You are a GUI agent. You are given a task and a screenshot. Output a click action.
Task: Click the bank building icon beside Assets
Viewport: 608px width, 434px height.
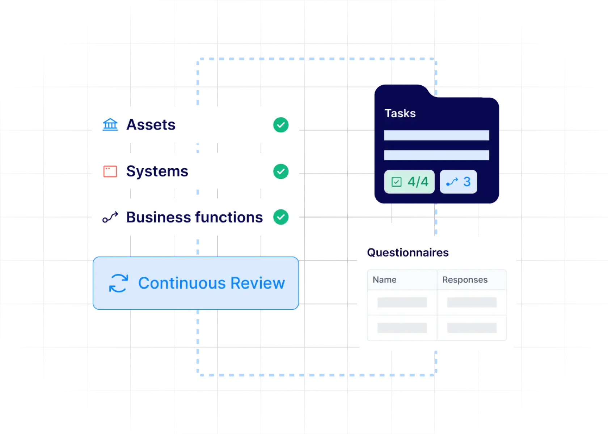click(110, 125)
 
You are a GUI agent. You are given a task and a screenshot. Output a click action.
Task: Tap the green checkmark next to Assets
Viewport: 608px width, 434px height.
click(281, 125)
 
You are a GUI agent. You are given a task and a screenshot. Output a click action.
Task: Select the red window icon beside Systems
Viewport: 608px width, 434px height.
click(110, 171)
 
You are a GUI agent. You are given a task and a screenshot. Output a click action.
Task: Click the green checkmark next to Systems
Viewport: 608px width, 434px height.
click(281, 171)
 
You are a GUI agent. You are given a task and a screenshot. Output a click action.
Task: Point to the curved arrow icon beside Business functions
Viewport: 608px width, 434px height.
click(110, 217)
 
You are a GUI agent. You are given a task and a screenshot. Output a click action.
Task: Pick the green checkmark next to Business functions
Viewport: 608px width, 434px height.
click(281, 217)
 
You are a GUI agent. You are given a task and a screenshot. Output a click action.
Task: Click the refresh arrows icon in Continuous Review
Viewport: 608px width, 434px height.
click(119, 283)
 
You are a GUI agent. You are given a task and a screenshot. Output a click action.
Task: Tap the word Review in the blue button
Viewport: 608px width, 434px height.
click(258, 283)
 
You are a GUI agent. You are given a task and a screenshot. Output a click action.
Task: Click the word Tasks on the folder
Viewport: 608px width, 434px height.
click(400, 114)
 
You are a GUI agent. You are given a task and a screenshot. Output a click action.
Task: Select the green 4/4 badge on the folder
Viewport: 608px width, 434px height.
click(409, 182)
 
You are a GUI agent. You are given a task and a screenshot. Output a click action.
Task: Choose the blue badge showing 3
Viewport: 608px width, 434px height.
click(458, 182)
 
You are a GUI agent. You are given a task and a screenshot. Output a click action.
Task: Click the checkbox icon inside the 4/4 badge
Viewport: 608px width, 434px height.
click(397, 182)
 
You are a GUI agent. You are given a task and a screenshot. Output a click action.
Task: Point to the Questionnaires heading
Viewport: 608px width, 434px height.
click(408, 252)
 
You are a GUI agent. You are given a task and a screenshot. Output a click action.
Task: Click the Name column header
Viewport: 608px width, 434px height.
click(385, 280)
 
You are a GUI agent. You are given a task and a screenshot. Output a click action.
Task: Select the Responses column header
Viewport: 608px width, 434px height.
click(465, 280)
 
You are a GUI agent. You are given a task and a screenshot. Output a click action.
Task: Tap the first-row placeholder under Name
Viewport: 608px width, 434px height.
click(402, 302)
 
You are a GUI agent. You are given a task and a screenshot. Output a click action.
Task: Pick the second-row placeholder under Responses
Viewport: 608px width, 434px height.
click(472, 328)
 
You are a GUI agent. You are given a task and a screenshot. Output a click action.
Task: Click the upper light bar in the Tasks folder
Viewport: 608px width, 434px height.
click(437, 135)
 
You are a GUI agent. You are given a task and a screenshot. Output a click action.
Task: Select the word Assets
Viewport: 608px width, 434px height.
click(151, 125)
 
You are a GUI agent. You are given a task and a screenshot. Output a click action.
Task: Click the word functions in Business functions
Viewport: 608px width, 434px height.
click(229, 217)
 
